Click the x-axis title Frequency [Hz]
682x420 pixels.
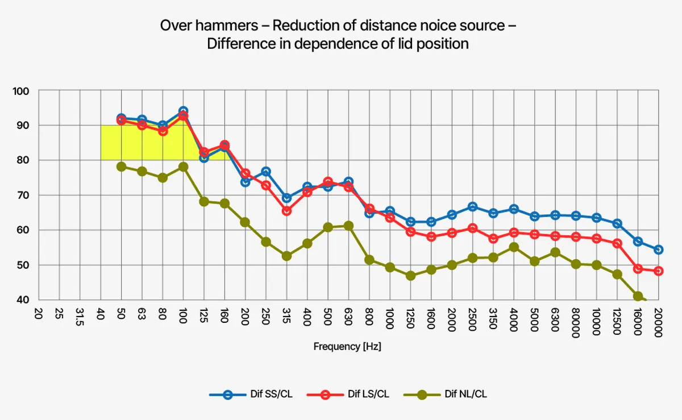coord(347,346)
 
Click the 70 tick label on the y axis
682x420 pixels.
coord(23,196)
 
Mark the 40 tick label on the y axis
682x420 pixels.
coord(23,300)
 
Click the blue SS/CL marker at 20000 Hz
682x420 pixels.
coord(658,249)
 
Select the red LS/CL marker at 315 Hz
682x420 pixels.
coord(286,211)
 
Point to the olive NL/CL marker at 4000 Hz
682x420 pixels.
coord(514,247)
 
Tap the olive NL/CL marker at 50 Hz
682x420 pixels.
coord(121,167)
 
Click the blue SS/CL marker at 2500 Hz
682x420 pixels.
coord(472,207)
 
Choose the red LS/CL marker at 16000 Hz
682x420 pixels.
coord(638,269)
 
